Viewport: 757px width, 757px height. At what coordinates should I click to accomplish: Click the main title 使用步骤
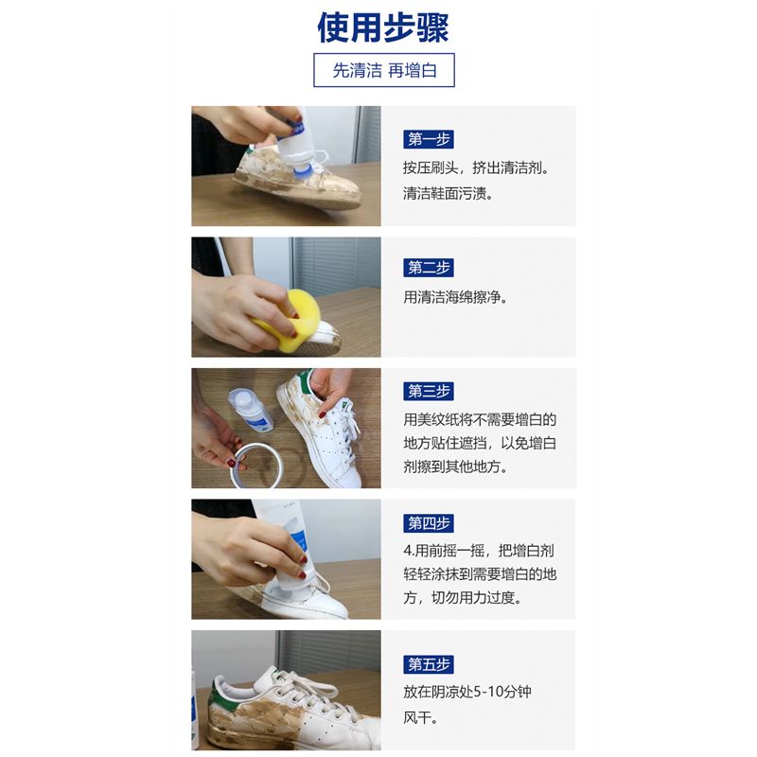point(383,27)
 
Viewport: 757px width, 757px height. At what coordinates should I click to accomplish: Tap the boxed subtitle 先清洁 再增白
point(384,70)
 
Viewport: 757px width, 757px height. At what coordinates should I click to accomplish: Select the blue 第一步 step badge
point(429,139)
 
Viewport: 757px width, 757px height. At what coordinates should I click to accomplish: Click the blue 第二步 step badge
point(429,268)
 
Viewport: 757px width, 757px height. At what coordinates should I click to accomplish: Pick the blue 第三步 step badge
point(429,391)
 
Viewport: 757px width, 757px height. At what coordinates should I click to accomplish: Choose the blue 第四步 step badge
point(429,523)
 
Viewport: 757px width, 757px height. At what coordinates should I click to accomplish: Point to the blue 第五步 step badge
point(429,664)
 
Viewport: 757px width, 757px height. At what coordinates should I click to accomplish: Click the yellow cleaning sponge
point(289,316)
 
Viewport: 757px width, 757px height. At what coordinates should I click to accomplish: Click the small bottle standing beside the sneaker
point(250,410)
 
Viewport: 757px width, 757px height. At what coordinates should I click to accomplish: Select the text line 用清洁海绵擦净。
point(456,297)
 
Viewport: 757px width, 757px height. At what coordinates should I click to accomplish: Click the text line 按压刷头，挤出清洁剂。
point(476,168)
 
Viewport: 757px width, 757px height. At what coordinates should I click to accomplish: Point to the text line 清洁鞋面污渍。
point(448,194)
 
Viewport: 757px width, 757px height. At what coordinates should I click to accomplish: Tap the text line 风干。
point(420,718)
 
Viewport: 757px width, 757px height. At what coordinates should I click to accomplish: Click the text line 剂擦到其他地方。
point(455,467)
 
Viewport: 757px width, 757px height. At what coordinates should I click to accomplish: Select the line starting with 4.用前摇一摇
point(479,551)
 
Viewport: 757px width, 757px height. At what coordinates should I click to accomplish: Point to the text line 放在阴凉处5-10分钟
point(467,692)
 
